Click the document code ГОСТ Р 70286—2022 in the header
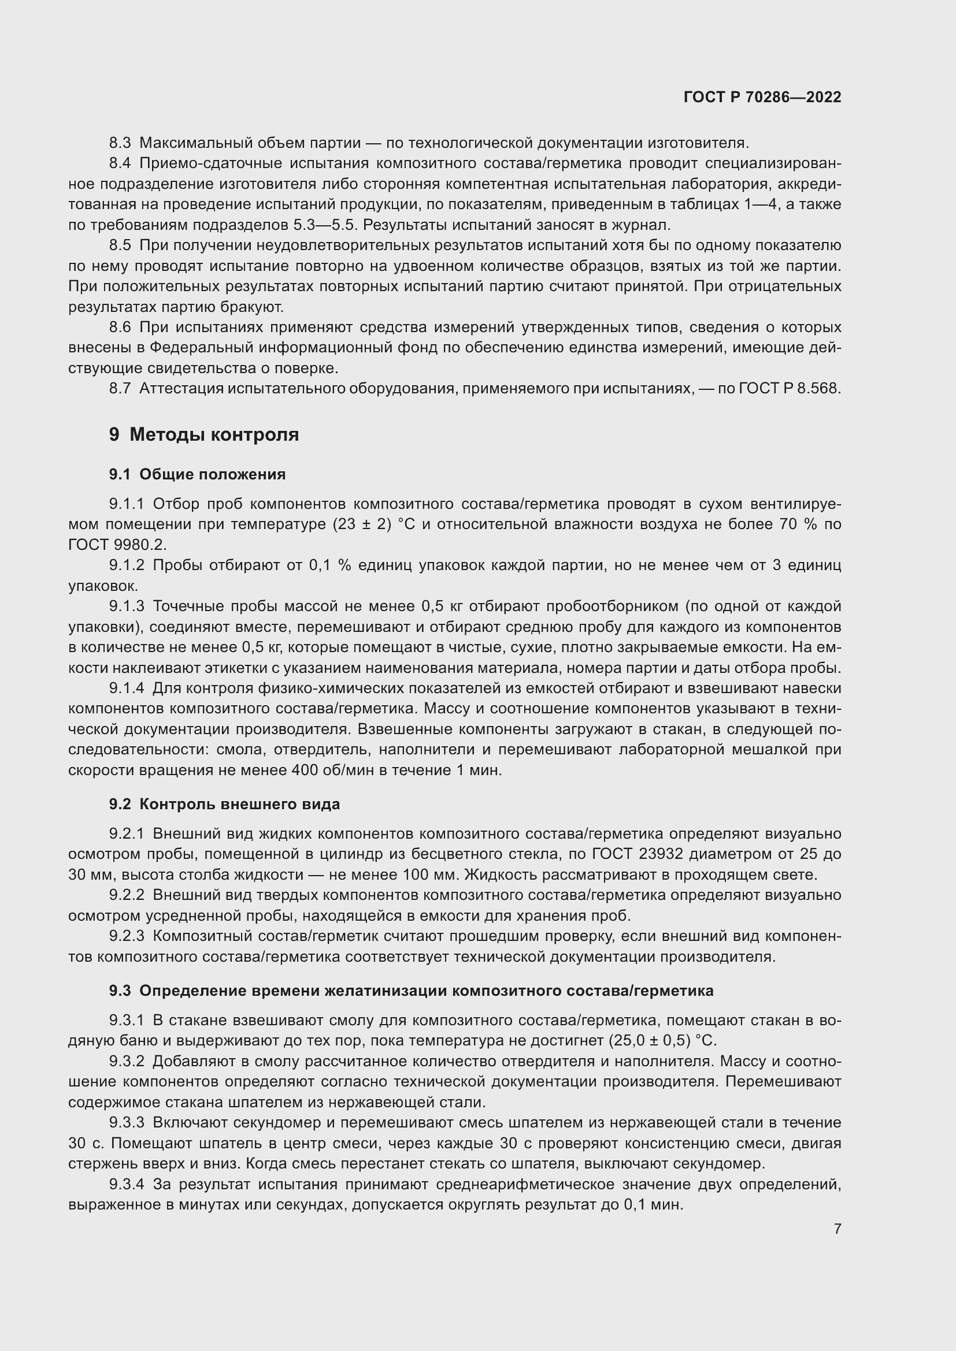click(762, 97)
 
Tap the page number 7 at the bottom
click(837, 1229)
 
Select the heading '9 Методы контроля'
click(203, 435)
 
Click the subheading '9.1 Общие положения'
click(197, 474)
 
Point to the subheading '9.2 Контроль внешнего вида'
click(224, 804)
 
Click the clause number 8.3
click(120, 143)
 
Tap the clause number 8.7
click(120, 389)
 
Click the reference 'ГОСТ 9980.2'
click(117, 545)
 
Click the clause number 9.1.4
click(127, 688)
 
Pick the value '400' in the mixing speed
click(306, 771)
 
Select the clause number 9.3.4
click(127, 1184)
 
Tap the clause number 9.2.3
click(127, 936)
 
